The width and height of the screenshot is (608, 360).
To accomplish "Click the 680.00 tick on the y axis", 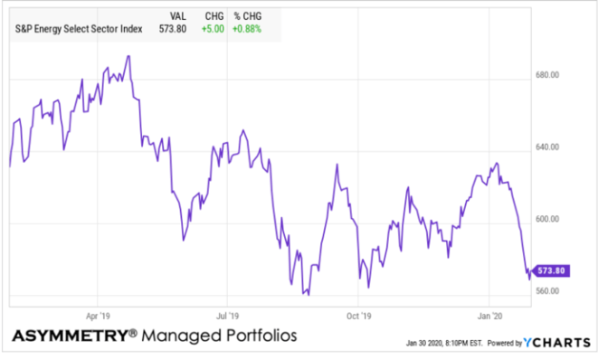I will (550, 75).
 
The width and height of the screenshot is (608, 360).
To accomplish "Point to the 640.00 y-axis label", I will (550, 147).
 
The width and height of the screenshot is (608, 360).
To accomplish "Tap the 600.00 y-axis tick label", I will (550, 219).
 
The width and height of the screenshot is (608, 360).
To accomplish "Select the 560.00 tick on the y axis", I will (550, 291).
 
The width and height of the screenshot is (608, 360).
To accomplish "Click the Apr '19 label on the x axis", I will (97, 317).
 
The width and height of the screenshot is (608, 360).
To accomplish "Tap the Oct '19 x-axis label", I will (359, 317).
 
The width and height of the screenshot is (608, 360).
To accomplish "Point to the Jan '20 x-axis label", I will (489, 317).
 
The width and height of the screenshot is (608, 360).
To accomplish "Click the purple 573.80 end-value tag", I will (553, 270).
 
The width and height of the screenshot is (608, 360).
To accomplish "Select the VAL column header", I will (179, 16).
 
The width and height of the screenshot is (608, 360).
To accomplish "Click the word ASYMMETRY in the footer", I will (69, 337).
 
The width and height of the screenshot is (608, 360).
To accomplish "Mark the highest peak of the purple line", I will (128, 56).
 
